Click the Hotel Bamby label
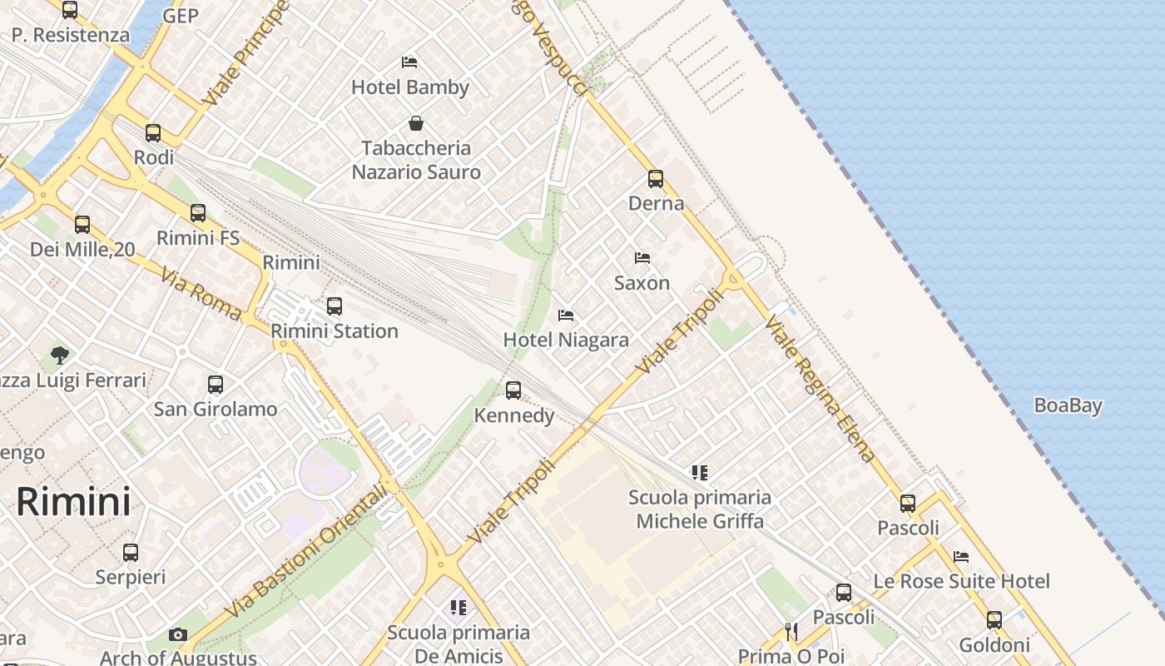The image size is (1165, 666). point(409,87)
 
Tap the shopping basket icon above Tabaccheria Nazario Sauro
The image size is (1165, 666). point(416,124)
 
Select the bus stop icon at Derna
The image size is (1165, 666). point(656,179)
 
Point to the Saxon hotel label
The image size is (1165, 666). point(642,283)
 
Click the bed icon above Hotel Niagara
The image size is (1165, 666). point(566,316)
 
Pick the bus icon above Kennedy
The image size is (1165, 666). point(513,390)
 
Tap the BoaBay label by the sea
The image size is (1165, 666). point(1068,406)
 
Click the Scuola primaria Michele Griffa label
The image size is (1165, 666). point(699,509)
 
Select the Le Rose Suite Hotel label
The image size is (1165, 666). point(961,581)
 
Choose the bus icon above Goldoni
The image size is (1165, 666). point(994,620)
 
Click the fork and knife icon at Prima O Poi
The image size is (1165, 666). point(791,632)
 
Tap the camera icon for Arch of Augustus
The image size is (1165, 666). point(177,634)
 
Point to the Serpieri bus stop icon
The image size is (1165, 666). point(131,553)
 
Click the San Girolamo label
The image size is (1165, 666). point(216,410)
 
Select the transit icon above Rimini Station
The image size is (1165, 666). point(335,306)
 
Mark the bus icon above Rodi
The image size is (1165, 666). point(153,133)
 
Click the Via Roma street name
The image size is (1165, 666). point(201,294)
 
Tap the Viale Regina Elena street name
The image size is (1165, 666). point(820,389)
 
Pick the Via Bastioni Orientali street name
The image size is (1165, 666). point(306,551)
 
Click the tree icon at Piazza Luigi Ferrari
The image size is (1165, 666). point(60,356)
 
